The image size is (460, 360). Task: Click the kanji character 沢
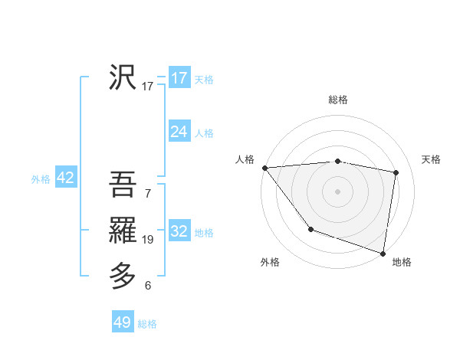tap(123, 77)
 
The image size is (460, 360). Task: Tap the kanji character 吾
tap(123, 185)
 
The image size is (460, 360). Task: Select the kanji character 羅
tap(123, 230)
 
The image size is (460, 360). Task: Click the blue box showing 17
tap(179, 78)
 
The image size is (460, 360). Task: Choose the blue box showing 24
tap(179, 132)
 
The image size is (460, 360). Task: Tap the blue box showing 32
tap(179, 231)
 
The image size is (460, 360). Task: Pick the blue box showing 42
tap(65, 178)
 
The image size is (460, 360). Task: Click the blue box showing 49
tap(123, 322)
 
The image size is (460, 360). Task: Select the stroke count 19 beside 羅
tap(148, 240)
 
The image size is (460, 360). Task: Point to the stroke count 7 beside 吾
tap(148, 193)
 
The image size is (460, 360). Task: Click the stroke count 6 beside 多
tap(148, 286)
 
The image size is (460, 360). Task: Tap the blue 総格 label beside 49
tap(147, 324)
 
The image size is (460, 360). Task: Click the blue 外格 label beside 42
tap(41, 179)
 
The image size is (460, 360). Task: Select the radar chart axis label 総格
tap(338, 100)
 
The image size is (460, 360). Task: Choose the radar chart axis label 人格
tap(245, 159)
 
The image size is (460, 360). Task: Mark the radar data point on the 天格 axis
tap(396, 172)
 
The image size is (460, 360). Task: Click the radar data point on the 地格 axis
tap(383, 253)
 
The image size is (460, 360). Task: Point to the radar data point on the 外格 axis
tap(310, 229)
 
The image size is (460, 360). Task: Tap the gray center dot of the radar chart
tap(338, 191)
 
